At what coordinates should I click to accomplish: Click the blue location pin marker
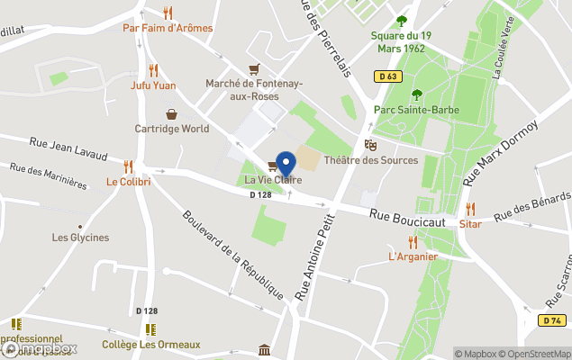pyautogui.click(x=286, y=163)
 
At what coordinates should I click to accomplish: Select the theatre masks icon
pyautogui.click(x=369, y=145)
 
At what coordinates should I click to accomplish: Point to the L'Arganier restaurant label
pyautogui.click(x=413, y=256)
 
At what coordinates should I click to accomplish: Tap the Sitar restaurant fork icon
pyautogui.click(x=469, y=209)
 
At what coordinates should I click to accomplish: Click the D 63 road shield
pyautogui.click(x=388, y=76)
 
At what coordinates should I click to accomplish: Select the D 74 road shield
pyautogui.click(x=552, y=320)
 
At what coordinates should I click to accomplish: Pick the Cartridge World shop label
pyautogui.click(x=172, y=129)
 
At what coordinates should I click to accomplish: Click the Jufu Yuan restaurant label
pyautogui.click(x=153, y=85)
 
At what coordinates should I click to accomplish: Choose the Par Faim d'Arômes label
pyautogui.click(x=168, y=28)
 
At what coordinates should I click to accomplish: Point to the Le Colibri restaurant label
pyautogui.click(x=129, y=181)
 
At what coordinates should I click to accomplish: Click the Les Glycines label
pyautogui.click(x=80, y=238)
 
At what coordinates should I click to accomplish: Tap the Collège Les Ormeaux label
pyautogui.click(x=150, y=344)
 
